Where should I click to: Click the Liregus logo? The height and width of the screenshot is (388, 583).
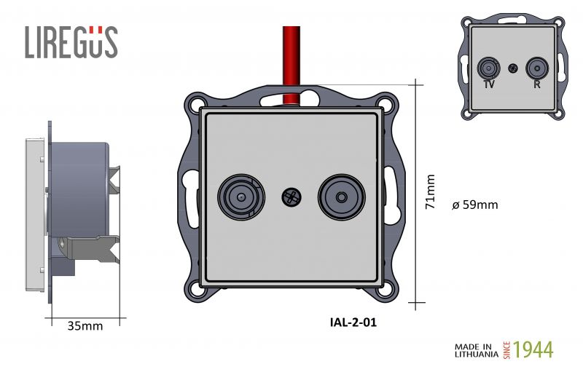(x=71, y=42)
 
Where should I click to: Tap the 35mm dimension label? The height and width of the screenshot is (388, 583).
(x=85, y=326)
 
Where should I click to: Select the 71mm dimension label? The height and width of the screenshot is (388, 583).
(x=430, y=191)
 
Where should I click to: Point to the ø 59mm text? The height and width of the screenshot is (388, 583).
(x=475, y=205)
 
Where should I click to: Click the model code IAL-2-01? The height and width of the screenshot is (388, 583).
(x=353, y=322)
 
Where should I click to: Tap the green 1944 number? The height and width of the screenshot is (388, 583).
(x=533, y=349)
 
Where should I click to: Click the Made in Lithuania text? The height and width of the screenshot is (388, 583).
(x=477, y=350)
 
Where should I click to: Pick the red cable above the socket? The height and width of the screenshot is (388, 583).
(x=291, y=65)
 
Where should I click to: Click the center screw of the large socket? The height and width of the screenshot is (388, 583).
(x=291, y=197)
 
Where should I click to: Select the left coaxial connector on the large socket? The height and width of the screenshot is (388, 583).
(x=241, y=197)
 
